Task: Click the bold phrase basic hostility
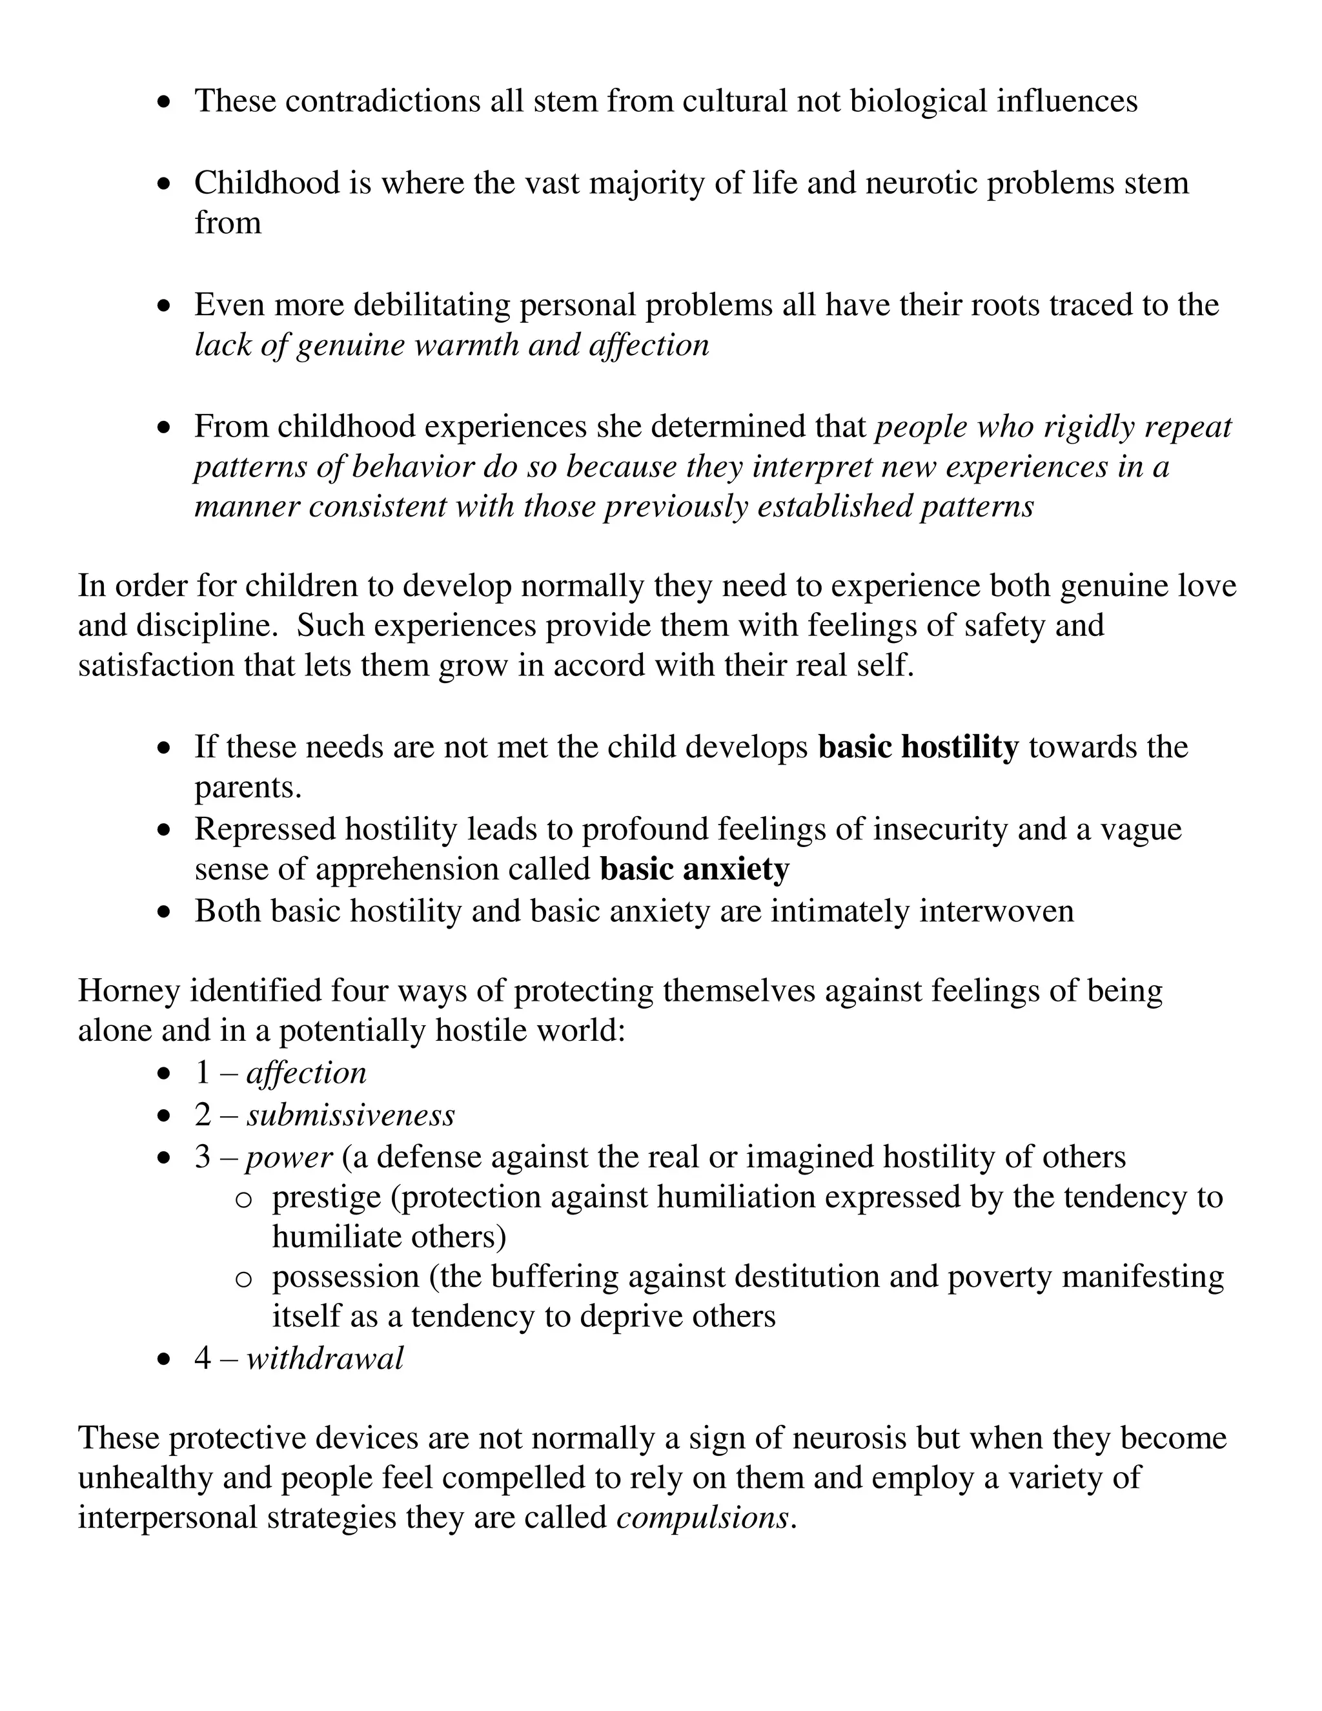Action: click(918, 748)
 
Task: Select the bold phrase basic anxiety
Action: click(695, 870)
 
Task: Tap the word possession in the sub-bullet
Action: click(345, 1277)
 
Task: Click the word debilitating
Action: click(432, 305)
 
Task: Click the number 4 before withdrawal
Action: click(203, 1358)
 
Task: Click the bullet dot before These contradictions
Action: click(164, 103)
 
